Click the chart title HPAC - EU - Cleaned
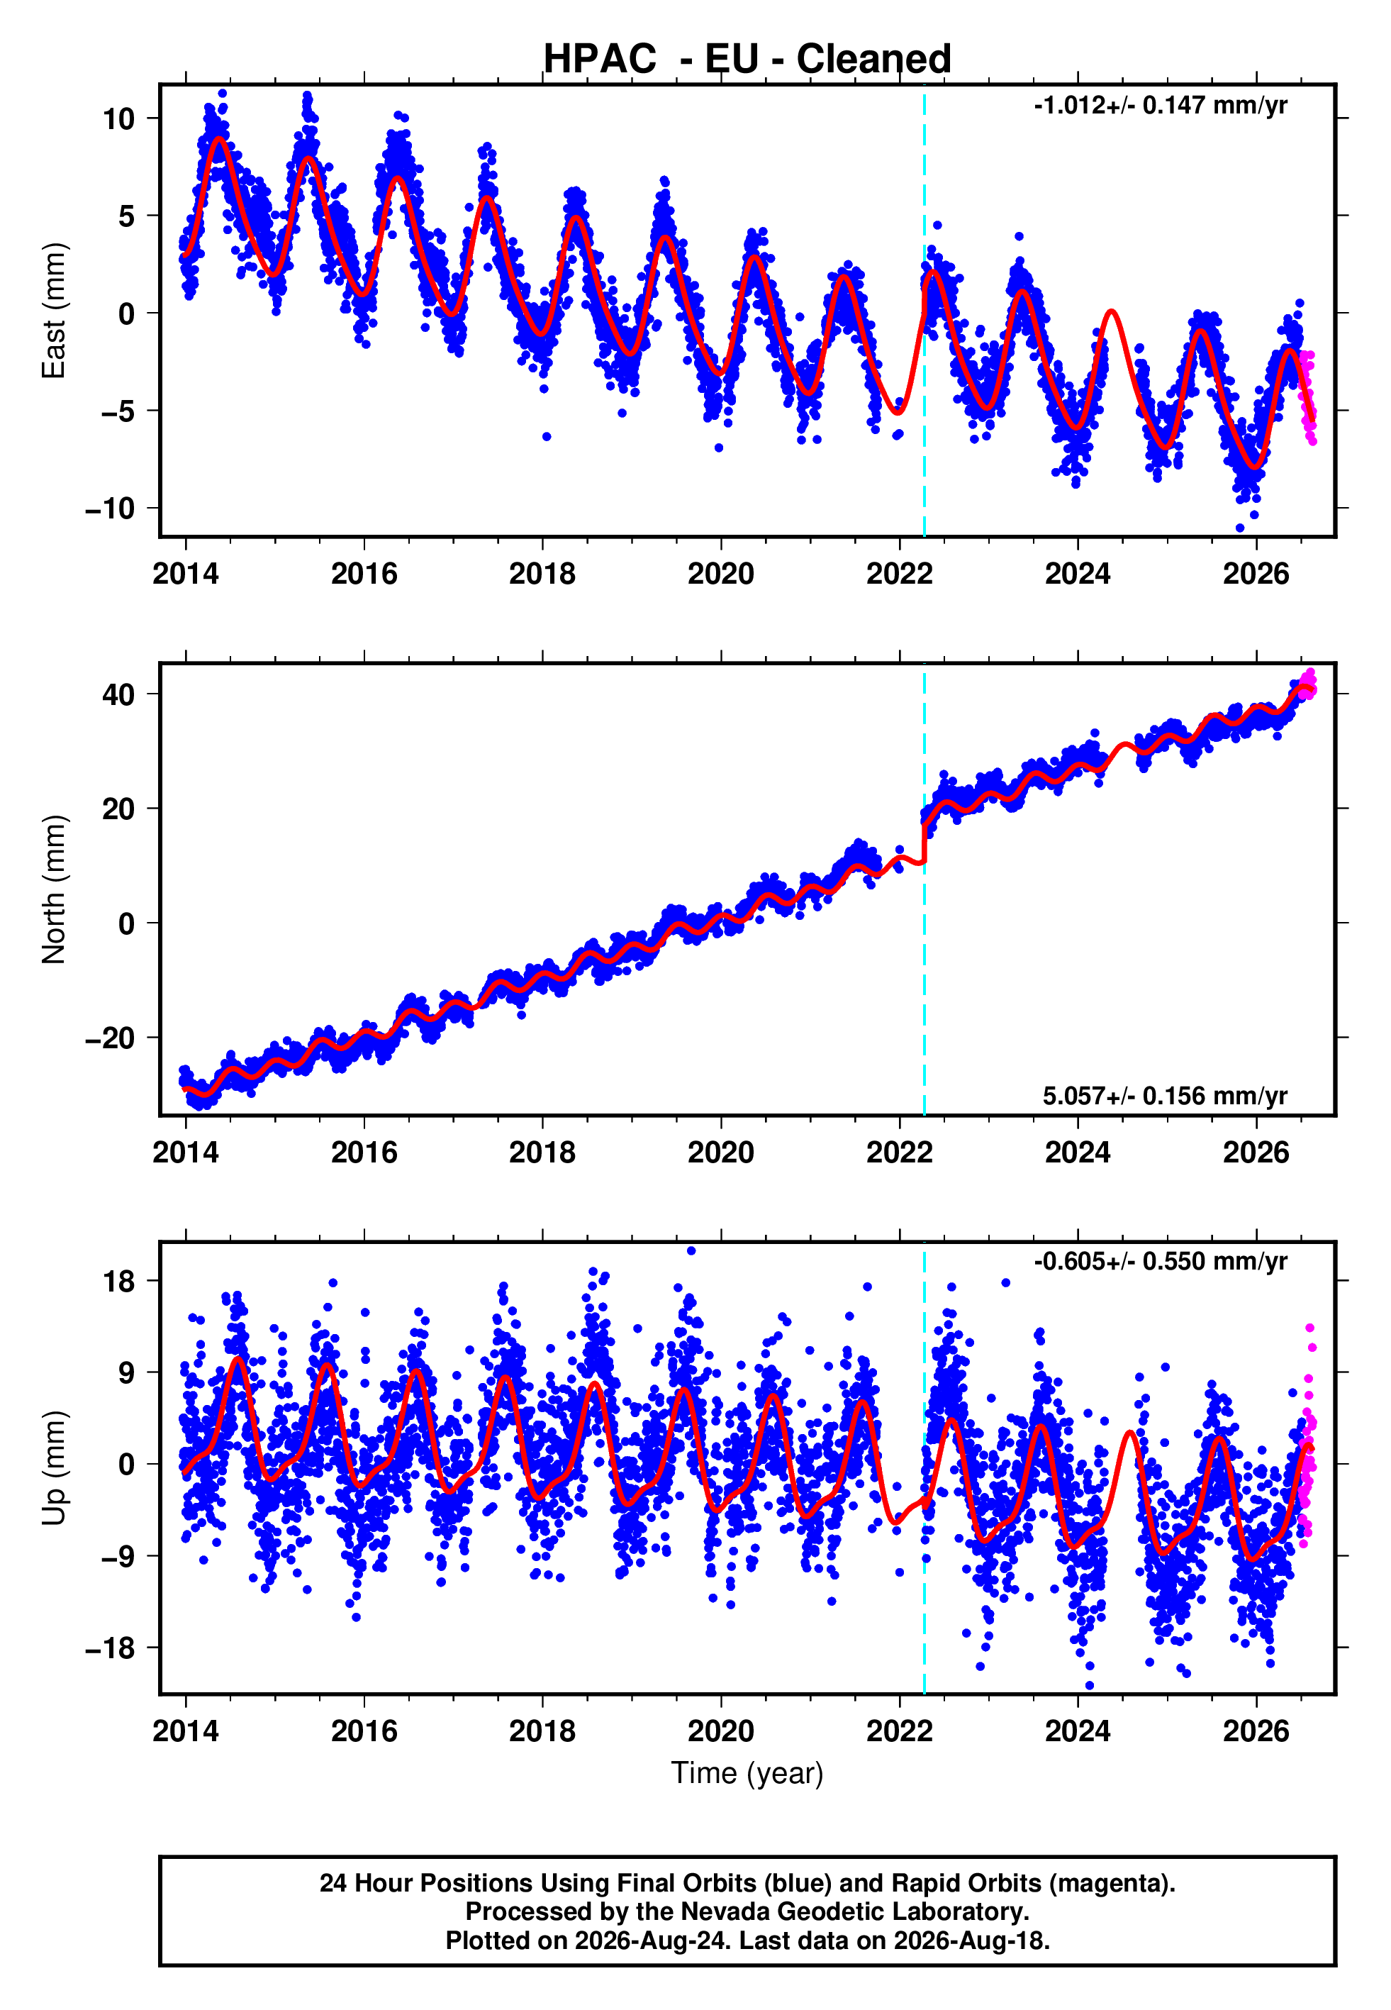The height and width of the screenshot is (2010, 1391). tap(747, 60)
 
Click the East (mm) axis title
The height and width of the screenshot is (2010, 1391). tap(54, 311)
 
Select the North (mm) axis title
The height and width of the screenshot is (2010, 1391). tap(54, 889)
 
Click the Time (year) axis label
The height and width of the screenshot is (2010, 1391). tap(747, 1773)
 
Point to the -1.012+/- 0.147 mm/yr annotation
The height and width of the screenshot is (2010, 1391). tap(1161, 106)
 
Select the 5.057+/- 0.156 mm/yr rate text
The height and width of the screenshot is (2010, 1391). tap(1166, 1096)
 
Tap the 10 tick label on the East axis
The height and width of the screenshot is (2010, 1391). tap(118, 118)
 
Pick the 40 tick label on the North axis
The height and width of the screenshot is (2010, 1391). tap(118, 694)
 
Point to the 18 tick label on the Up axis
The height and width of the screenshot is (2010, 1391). tap(118, 1282)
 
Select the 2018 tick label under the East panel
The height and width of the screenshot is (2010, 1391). tap(542, 574)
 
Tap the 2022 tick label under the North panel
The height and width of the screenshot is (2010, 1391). tap(900, 1153)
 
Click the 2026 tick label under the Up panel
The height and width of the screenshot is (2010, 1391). tap(1256, 1731)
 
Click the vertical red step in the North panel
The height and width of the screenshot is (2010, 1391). tap(924, 842)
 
